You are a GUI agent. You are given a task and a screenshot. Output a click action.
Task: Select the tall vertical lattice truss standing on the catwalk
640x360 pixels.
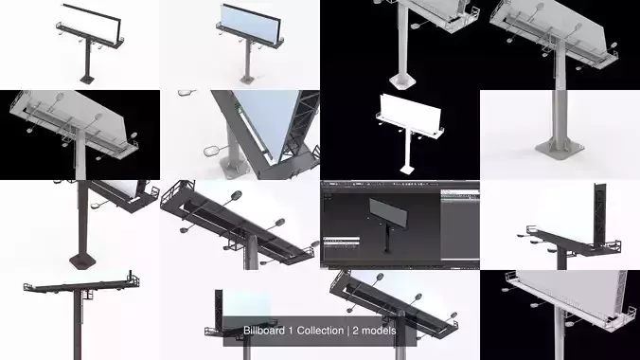pyautogui.click(x=598, y=216)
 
